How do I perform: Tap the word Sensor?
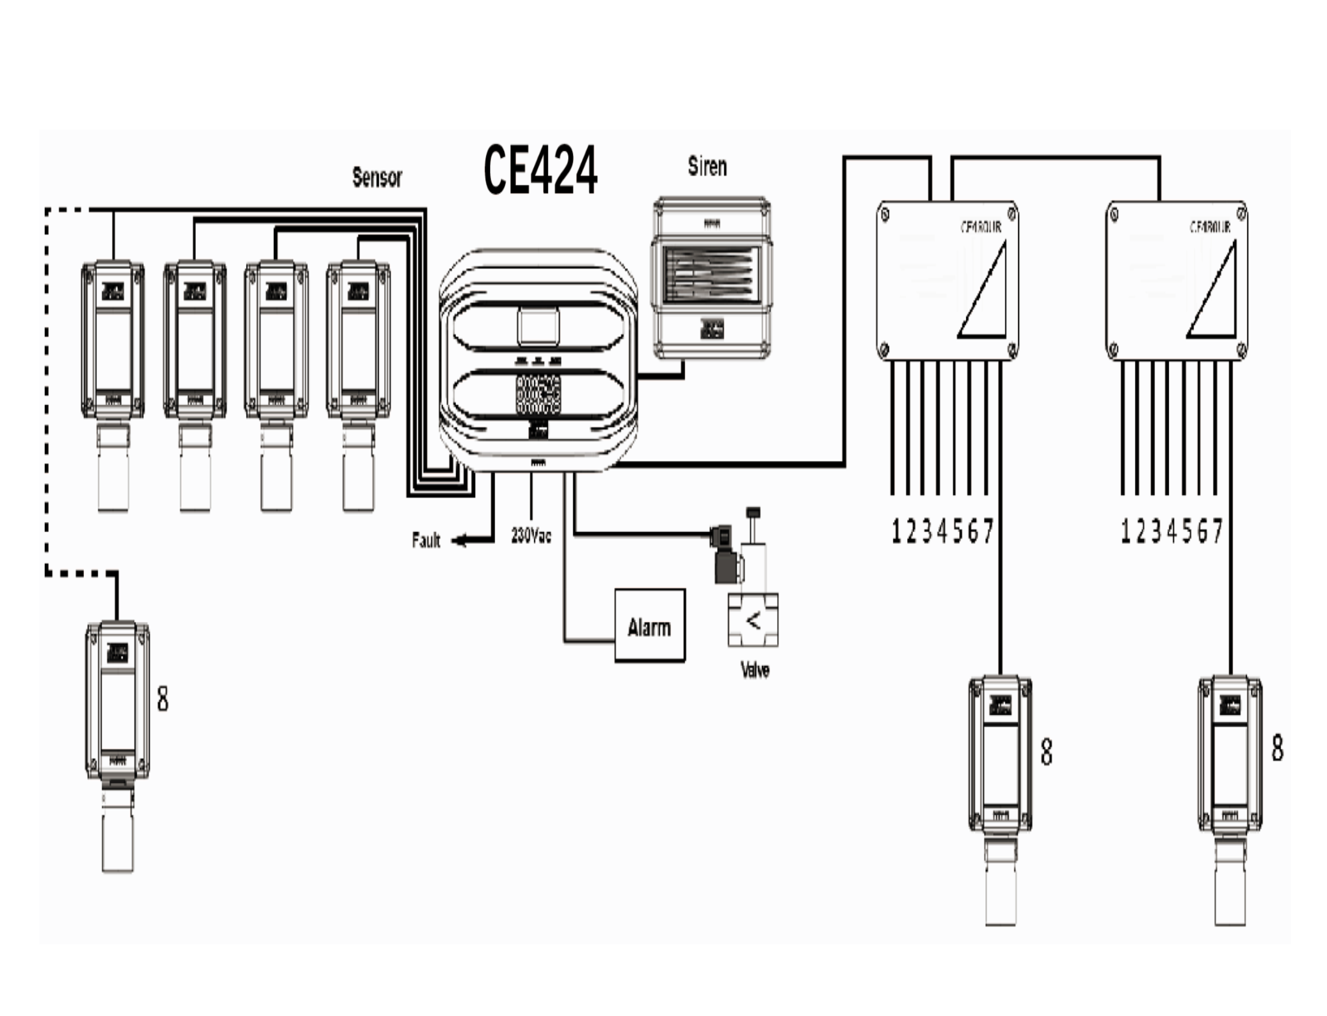[x=376, y=177]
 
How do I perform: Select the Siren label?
[x=707, y=166]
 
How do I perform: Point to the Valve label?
[x=755, y=670]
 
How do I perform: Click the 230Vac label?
[x=531, y=536]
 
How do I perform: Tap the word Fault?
[x=426, y=540]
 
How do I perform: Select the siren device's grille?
[x=710, y=276]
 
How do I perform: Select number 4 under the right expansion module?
[x=1171, y=532]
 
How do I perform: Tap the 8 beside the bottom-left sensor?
[x=162, y=699]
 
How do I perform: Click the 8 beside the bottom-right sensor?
[x=1277, y=748]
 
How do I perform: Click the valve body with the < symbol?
[x=753, y=620]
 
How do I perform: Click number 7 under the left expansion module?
[x=988, y=532]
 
